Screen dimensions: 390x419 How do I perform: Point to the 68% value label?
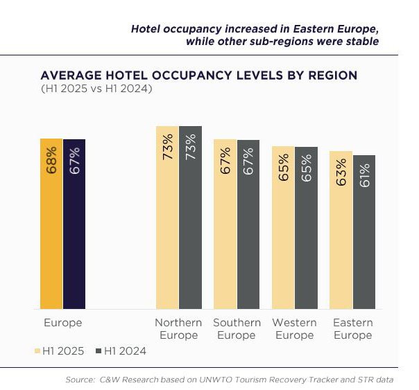click(x=51, y=160)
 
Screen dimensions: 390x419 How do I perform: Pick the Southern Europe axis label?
click(x=237, y=329)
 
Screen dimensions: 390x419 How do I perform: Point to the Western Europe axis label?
click(x=294, y=329)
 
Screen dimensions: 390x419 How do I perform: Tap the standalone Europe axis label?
click(x=62, y=323)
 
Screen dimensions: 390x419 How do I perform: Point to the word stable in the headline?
click(x=363, y=41)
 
